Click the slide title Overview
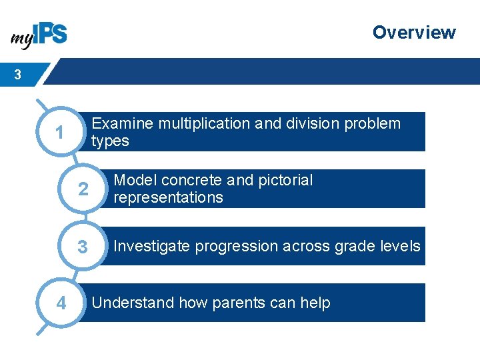click(413, 32)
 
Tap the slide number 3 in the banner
click(17, 75)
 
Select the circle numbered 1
click(60, 133)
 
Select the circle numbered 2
click(83, 189)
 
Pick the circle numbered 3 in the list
click(83, 247)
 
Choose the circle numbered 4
click(61, 303)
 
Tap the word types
click(110, 141)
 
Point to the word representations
click(168, 197)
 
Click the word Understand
click(133, 303)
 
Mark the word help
click(315, 303)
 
